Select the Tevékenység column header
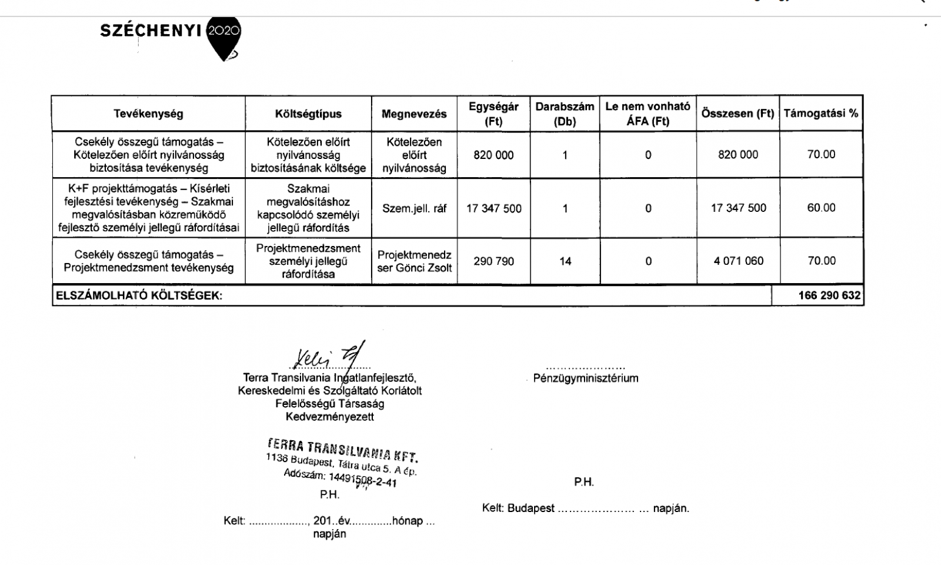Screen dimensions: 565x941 tap(148, 114)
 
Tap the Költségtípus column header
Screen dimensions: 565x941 tap(308, 114)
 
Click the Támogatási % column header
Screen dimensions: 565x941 tap(820, 113)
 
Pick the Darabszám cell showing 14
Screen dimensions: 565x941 tap(565, 261)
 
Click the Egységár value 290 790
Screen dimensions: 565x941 tap(493, 261)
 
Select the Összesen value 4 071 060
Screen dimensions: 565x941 tap(738, 261)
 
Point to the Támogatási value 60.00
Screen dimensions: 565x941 tap(821, 208)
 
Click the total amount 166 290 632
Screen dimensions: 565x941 tap(829, 295)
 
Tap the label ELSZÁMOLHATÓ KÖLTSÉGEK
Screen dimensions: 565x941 tap(139, 296)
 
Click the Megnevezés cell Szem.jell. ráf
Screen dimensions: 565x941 tap(414, 208)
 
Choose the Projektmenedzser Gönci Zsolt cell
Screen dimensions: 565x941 tap(414, 261)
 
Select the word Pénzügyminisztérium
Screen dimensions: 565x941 tap(585, 378)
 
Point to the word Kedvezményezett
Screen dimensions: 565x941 tap(329, 417)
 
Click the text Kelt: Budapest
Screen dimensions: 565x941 tap(518, 508)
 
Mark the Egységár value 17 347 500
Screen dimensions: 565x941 tap(493, 208)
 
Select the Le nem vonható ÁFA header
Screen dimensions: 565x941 tap(648, 114)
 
